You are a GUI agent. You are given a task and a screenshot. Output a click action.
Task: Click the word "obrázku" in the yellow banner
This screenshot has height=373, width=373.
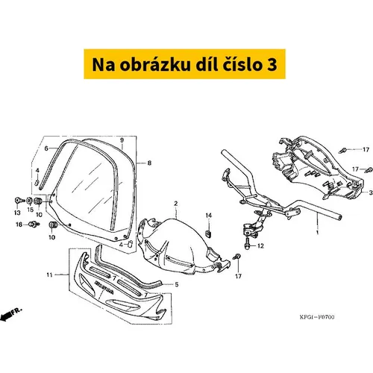[155, 64]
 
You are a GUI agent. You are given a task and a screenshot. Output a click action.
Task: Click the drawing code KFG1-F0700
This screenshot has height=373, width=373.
[317, 317]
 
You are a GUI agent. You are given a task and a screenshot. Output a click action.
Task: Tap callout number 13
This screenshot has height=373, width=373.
[17, 213]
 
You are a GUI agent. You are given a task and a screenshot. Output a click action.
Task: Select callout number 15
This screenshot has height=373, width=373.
[30, 210]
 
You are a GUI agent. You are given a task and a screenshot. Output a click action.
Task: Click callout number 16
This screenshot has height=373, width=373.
[19, 225]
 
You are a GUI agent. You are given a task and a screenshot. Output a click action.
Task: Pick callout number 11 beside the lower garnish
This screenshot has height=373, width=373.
[49, 275]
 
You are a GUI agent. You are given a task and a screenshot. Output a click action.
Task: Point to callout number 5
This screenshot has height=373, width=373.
[177, 284]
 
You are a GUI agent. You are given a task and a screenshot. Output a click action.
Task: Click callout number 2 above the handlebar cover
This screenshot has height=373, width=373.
[176, 204]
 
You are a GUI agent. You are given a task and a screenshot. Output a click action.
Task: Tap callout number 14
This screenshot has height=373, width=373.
[209, 216]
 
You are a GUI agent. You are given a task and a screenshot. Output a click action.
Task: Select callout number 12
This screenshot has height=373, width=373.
[260, 246]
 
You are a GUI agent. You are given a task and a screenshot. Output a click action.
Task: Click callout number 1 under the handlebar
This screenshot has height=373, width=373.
[317, 233]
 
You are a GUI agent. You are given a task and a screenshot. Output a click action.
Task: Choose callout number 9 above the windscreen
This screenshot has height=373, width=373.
[122, 140]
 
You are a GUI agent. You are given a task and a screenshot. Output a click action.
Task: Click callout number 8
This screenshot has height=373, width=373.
[149, 163]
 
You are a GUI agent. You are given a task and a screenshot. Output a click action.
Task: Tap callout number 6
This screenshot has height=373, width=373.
[46, 148]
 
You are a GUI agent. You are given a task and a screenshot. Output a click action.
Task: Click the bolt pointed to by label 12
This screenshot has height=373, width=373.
[248, 243]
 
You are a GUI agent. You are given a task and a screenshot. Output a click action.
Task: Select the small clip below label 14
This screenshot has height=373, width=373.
[209, 233]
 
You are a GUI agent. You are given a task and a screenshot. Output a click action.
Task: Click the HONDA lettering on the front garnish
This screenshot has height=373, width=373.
[104, 287]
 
